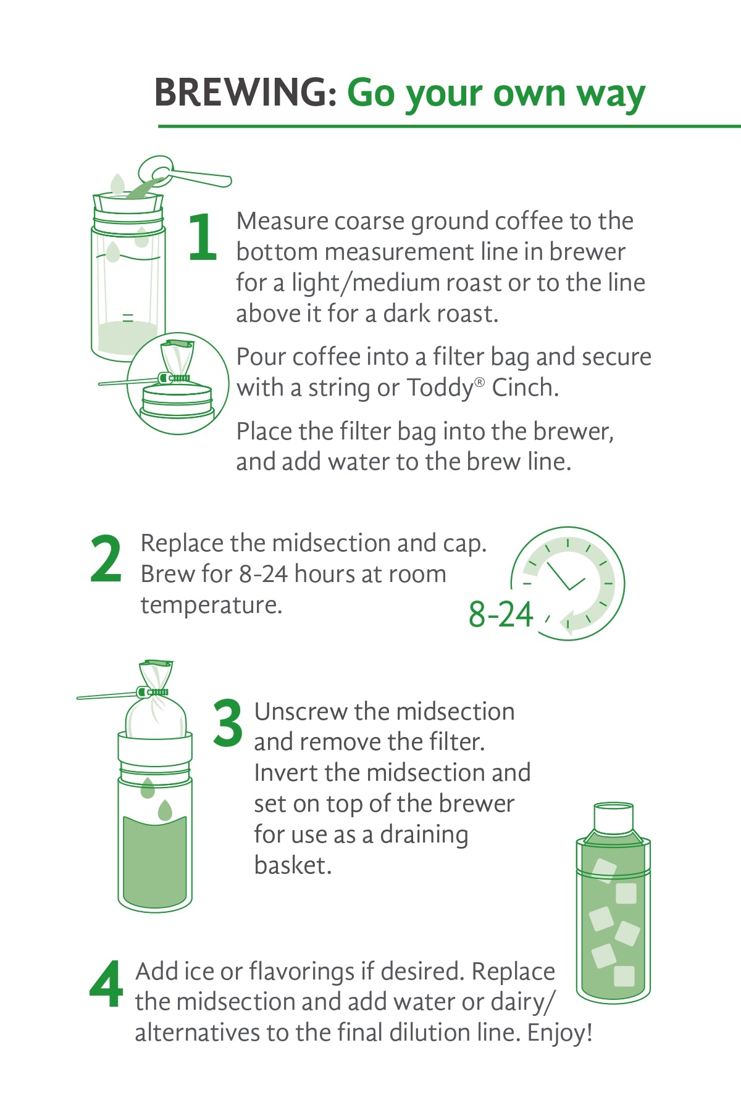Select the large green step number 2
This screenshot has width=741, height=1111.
click(106, 559)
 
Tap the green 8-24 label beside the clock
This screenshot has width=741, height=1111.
click(501, 615)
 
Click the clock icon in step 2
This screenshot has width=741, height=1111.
click(567, 583)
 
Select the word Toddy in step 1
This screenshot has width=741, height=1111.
click(440, 388)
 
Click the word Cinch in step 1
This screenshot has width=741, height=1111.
click(525, 388)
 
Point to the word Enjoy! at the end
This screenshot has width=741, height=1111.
click(560, 1033)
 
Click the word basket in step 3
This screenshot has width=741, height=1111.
click(293, 865)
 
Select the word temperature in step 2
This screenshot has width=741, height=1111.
click(211, 605)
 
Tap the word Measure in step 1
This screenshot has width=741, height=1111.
click(282, 221)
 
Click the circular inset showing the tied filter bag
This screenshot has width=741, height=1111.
click(178, 383)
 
